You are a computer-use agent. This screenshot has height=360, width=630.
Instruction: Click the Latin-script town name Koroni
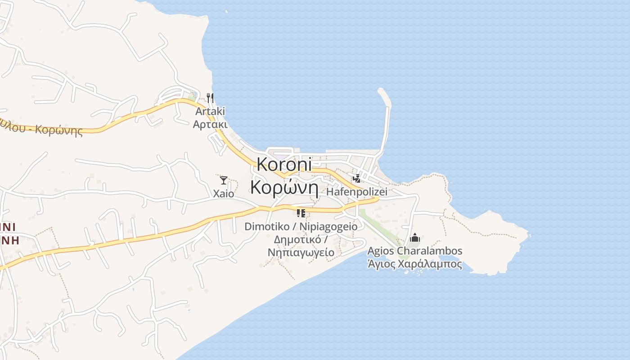(284, 165)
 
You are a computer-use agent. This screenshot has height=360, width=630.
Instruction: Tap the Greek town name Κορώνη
(284, 187)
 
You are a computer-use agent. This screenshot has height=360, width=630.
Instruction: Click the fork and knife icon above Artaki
(210, 98)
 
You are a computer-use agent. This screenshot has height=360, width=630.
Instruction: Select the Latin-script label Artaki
(210, 111)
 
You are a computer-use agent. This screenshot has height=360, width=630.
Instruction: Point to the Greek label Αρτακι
(210, 124)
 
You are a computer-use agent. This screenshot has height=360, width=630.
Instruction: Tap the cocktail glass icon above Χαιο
(223, 180)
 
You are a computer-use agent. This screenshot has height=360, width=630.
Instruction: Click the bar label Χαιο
(223, 194)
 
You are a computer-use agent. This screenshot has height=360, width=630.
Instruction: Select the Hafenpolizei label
(357, 192)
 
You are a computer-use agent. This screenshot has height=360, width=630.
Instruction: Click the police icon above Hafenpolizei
(357, 179)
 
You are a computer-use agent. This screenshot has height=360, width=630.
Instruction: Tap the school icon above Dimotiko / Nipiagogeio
(301, 213)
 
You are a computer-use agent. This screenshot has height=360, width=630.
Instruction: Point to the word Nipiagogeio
(329, 227)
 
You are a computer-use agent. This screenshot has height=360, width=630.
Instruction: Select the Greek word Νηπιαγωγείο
(301, 252)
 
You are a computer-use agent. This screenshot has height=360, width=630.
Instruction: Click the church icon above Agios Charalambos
(414, 237)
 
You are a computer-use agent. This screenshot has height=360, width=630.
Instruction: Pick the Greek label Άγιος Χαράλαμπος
(414, 264)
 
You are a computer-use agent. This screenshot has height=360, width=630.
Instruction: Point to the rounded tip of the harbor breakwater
(382, 91)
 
